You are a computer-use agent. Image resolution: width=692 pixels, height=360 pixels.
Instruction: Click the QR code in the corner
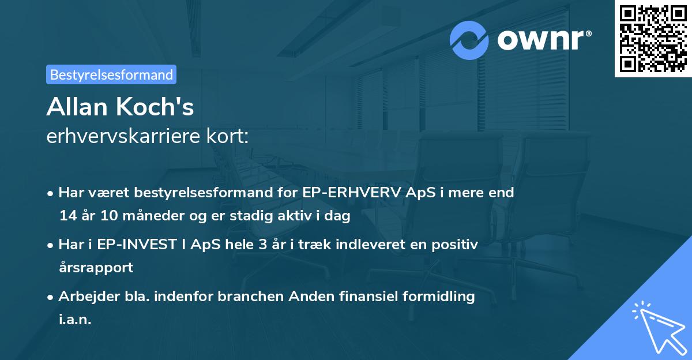(x=653, y=39)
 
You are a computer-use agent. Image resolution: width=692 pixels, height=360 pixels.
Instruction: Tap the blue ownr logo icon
(x=469, y=40)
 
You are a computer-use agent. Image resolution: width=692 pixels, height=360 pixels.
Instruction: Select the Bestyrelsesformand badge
(x=111, y=74)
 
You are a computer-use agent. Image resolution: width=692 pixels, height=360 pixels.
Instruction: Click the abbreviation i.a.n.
(x=75, y=320)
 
